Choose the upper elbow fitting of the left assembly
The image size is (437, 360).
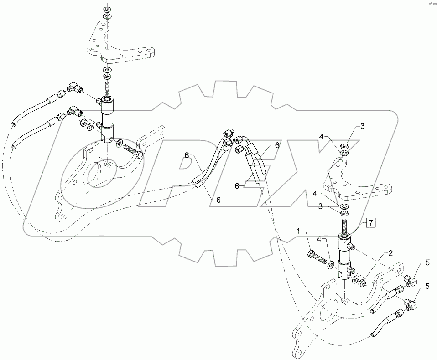(73, 87)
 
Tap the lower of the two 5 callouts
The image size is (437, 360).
(427, 286)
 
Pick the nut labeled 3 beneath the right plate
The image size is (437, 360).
(345, 212)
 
